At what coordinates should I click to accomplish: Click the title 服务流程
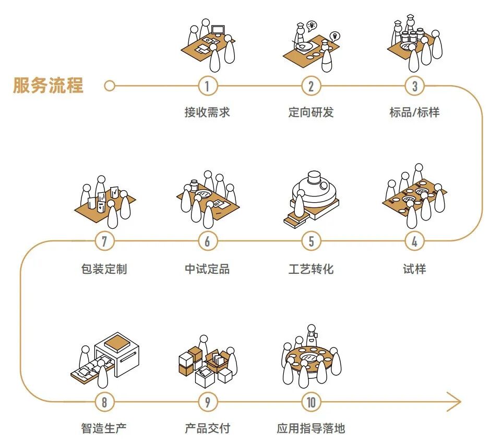[48, 85]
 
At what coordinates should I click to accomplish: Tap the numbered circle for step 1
[207, 86]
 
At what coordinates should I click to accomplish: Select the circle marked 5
[311, 241]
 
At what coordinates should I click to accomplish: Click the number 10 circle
[312, 402]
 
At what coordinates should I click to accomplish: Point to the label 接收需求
[207, 112]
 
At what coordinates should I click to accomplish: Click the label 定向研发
[311, 112]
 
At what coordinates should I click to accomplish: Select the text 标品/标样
[414, 112]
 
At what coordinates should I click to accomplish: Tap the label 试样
[414, 269]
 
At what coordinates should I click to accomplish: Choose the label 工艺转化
[311, 269]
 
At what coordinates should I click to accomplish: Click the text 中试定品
[207, 269]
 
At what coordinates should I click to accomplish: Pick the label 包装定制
[104, 269]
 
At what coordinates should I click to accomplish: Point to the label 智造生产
[104, 429]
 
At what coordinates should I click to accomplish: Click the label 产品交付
[207, 429]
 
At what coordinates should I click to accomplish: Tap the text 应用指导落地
[311, 429]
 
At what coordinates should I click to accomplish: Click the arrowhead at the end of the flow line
[455, 402]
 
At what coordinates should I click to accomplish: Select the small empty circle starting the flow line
[109, 86]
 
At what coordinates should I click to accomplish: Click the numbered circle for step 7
[104, 241]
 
